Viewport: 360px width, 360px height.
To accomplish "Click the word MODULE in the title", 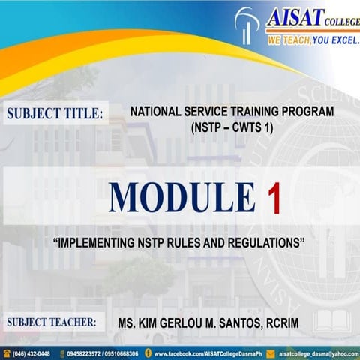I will [x=183, y=198].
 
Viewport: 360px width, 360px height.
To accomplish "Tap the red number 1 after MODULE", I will [x=275, y=198].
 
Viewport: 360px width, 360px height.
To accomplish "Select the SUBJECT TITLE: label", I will [x=55, y=115].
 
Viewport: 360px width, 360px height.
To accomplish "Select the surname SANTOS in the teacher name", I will [x=241, y=323].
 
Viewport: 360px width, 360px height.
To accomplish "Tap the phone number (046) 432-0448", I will [x=31, y=352].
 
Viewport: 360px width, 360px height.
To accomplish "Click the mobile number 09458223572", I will [x=84, y=352].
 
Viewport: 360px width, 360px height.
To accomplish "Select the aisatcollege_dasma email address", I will [x=315, y=352].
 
